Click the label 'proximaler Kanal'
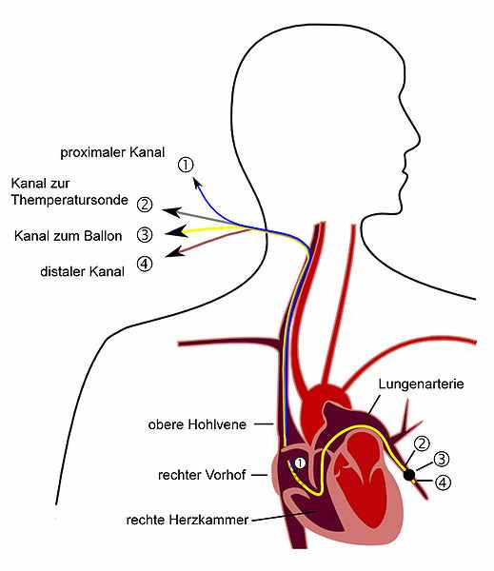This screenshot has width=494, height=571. click(x=112, y=152)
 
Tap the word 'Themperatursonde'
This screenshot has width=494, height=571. click(x=69, y=200)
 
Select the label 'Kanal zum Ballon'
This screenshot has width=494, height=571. click(x=68, y=236)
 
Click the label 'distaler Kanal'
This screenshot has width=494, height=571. click(x=82, y=271)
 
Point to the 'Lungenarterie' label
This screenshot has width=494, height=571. click(x=421, y=384)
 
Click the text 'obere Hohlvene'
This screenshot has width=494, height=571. click(x=197, y=424)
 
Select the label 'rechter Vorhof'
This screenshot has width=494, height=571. click(x=202, y=475)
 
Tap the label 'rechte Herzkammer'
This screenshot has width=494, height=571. click(x=188, y=520)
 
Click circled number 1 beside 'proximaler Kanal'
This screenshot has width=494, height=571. click(x=186, y=166)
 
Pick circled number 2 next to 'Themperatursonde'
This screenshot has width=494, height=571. click(x=145, y=205)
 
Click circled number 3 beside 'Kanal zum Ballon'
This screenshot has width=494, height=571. click(x=145, y=235)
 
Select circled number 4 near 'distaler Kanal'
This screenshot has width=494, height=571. click(x=145, y=264)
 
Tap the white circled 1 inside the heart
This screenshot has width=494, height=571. click(x=300, y=463)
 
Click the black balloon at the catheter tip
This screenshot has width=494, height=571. click(x=409, y=475)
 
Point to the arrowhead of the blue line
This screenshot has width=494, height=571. click(x=197, y=183)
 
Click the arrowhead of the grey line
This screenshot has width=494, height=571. click(x=172, y=212)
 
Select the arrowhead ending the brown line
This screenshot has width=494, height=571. click(x=174, y=252)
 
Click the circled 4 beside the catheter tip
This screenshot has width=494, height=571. click(x=443, y=482)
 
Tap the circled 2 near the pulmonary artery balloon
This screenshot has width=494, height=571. click(x=423, y=443)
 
